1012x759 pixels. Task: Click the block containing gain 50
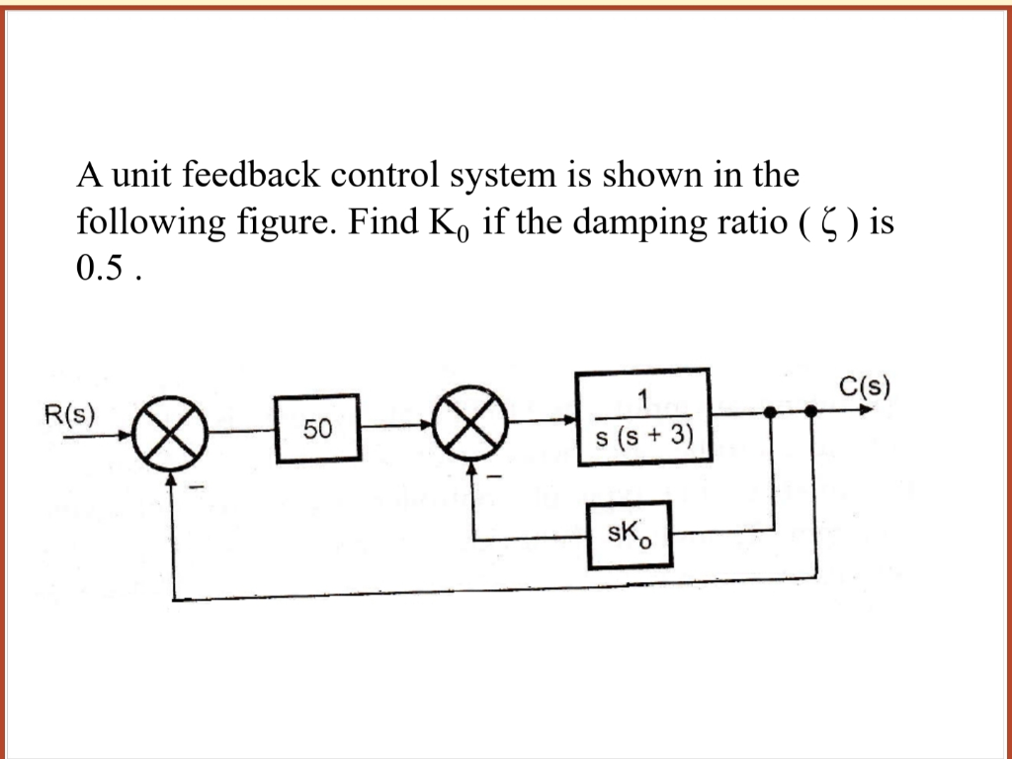318,429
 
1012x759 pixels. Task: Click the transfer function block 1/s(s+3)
643,416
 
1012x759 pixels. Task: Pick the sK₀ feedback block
629,535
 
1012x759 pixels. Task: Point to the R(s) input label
70,412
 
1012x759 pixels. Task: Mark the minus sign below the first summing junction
198,486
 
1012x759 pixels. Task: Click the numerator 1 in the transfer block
642,398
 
